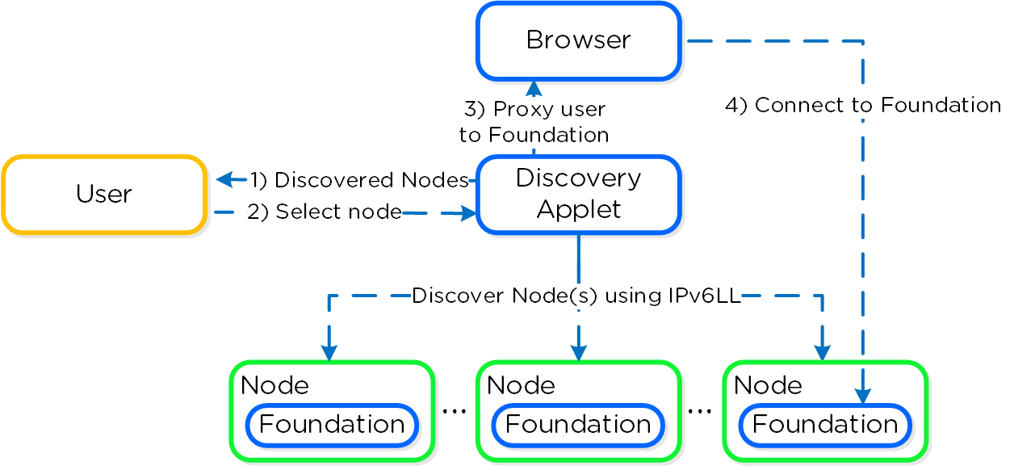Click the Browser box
pos(578,40)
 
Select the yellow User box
pos(104,195)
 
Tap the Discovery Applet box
pos(578,195)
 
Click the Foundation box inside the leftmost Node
pos(332,425)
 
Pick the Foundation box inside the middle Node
pos(578,425)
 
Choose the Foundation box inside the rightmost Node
pos(824,425)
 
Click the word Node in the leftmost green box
pos(274,385)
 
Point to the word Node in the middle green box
pos(521,385)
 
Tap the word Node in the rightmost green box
pos(768,385)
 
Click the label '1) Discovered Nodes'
pos(359,180)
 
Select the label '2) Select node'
pos(325,212)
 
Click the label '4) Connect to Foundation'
pos(862,105)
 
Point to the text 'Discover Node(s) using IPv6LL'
pos(576,296)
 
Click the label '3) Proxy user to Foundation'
pos(534,122)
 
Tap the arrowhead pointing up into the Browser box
pos(534,86)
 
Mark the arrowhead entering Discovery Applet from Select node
pos(467,213)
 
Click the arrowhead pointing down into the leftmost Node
pos(329,353)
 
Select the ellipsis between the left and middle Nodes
pos(455,411)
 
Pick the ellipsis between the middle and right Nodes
pos(699,411)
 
